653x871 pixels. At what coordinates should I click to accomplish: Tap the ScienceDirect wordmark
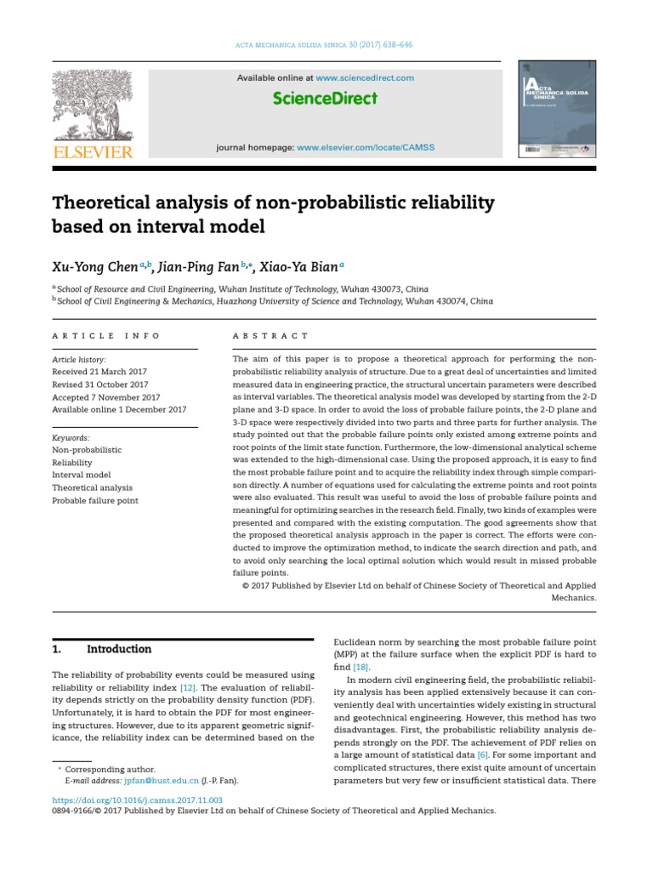(x=325, y=99)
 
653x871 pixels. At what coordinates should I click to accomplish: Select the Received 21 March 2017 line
(x=100, y=373)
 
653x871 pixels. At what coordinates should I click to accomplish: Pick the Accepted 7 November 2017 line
(x=105, y=397)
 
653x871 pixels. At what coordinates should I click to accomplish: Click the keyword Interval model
(x=82, y=475)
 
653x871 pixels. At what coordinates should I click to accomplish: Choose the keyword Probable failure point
(x=96, y=500)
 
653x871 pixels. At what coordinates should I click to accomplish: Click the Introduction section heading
(x=119, y=649)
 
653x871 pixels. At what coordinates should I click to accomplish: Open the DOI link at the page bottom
(x=138, y=800)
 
